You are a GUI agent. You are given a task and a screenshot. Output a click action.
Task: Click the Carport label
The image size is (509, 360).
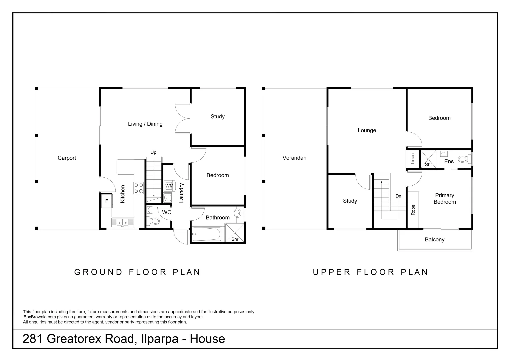67,158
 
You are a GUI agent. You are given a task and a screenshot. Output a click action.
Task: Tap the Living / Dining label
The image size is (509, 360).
145,124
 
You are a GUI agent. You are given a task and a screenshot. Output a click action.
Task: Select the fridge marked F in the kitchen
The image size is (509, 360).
106,201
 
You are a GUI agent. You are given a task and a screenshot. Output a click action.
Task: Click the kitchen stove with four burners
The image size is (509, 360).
138,188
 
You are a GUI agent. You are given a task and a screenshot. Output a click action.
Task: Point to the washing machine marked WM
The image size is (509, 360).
169,186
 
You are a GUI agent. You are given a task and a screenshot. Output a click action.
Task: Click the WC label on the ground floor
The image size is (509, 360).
167,212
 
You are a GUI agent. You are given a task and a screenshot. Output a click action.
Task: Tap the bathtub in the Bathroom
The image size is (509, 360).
206,234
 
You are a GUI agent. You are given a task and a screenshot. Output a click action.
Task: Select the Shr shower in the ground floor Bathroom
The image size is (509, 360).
235,232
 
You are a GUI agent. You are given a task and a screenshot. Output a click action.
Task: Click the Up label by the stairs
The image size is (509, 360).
153,152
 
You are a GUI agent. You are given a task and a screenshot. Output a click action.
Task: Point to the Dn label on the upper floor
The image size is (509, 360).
398,196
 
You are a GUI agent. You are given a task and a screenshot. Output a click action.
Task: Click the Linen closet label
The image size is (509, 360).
413,159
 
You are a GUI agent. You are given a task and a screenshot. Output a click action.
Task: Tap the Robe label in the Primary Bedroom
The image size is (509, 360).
413,210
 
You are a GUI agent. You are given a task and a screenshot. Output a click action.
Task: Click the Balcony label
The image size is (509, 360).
435,239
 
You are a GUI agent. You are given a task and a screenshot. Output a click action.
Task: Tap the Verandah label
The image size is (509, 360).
294,158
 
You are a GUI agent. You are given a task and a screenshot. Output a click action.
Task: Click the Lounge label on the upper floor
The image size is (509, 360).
367,130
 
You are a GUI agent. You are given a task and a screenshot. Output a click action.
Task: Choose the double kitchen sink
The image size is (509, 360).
123,222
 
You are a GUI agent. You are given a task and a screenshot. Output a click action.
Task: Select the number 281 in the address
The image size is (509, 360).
33,339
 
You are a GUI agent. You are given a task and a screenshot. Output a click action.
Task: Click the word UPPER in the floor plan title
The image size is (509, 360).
332,272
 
